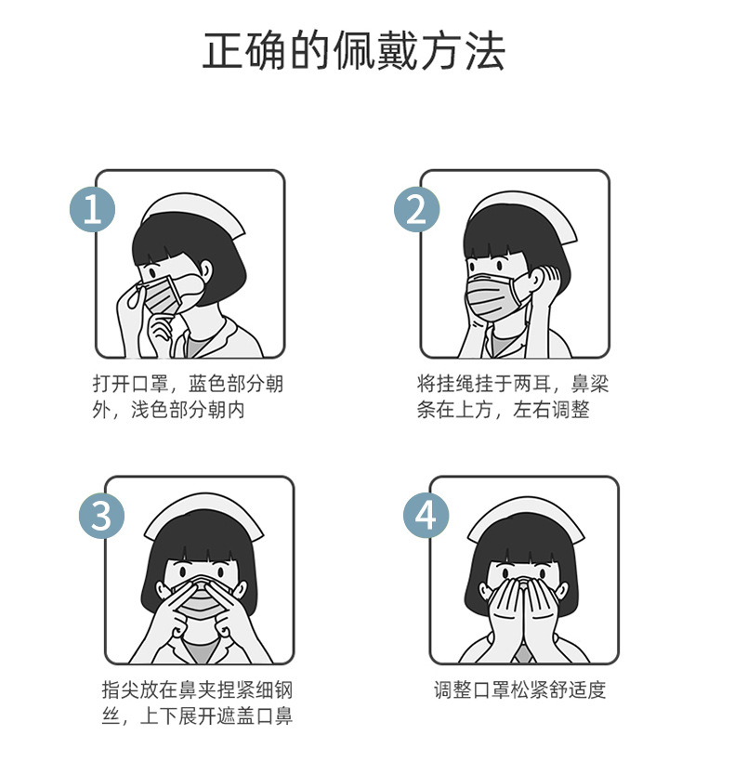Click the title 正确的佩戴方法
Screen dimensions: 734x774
pos(354,51)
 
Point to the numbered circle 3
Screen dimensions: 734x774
pos(101,516)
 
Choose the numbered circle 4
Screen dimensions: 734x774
pos(426,516)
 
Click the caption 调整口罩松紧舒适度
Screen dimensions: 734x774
pos(519,689)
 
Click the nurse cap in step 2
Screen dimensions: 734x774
pos(522,211)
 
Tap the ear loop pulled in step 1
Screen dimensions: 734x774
pos(135,295)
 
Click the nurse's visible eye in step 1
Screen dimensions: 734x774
pos(151,273)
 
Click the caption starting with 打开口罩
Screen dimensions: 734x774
pos(188,397)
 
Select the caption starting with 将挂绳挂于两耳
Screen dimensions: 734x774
pos(512,397)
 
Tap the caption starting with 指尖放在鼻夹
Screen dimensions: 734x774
pos(197,702)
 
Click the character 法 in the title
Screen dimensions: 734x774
pos(486,51)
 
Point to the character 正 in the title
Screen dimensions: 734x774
pos(222,51)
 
